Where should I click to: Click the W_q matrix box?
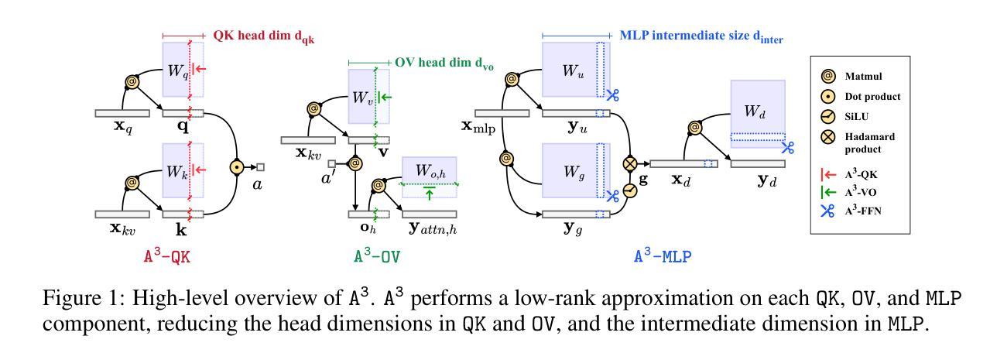pyautogui.click(x=183, y=70)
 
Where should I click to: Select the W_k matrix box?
pyautogui.click(x=183, y=170)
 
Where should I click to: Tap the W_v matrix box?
pyautogui.click(x=369, y=97)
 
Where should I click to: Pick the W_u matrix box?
pyautogui.click(x=577, y=70)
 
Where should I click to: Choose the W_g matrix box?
pyautogui.click(x=577, y=170)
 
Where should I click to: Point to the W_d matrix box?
pyautogui.click(x=758, y=114)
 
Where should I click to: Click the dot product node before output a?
pyautogui.click(x=238, y=167)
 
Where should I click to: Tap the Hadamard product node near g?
pyautogui.click(x=630, y=163)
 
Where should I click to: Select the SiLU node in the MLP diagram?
pyautogui.click(x=630, y=190)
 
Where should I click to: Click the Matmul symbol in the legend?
pyautogui.click(x=827, y=76)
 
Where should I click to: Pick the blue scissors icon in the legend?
pyautogui.click(x=827, y=211)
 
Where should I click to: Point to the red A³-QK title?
pyautogui.click(x=167, y=256)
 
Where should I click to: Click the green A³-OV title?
pyautogui.click(x=377, y=256)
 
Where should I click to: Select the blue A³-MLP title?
pyautogui.click(x=663, y=256)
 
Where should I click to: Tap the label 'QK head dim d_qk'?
pyautogui.click(x=264, y=36)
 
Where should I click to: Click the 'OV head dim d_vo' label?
pyautogui.click(x=444, y=63)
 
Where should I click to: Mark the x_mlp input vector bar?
pyautogui.click(x=502, y=114)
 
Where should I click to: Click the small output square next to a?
pyautogui.click(x=261, y=167)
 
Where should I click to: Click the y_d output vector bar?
pyautogui.click(x=758, y=164)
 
